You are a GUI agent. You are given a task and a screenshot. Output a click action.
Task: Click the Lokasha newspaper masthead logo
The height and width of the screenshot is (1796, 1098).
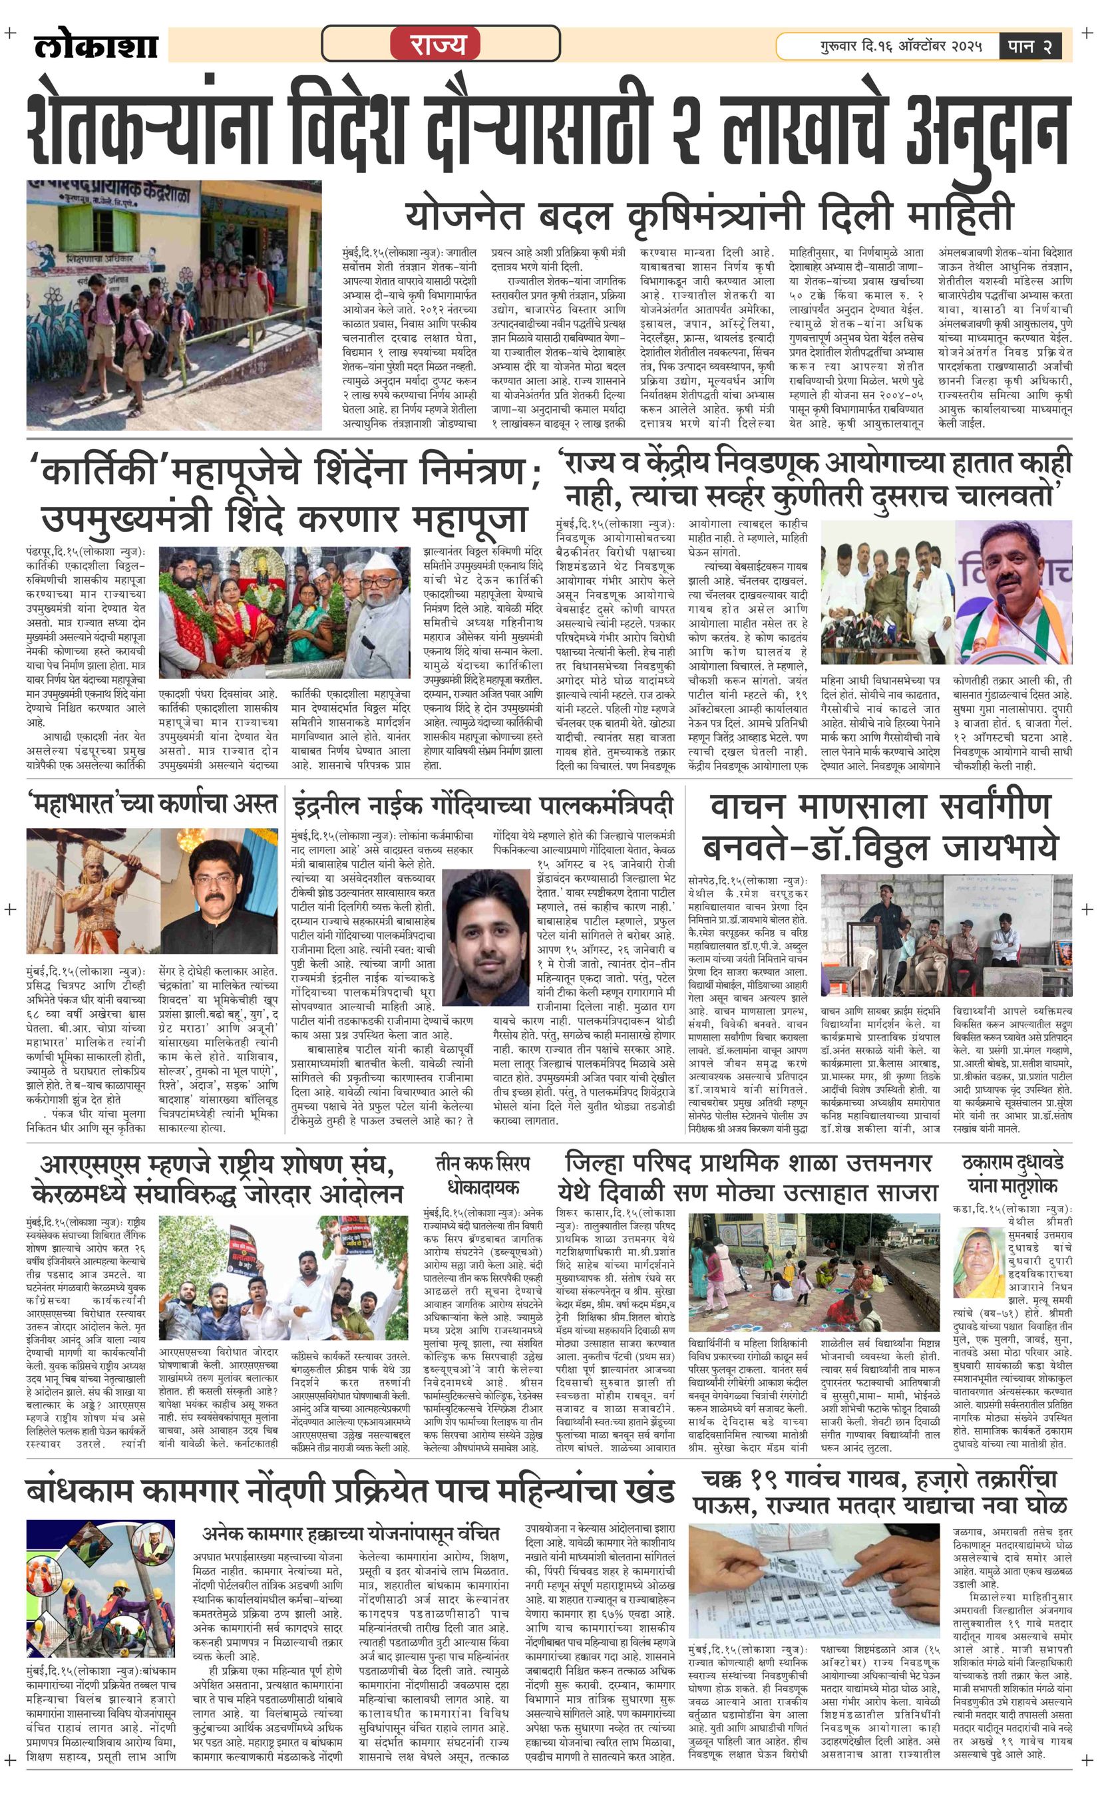pyautogui.click(x=96, y=46)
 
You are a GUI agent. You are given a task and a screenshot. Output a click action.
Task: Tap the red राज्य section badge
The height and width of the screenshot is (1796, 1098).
pyautogui.click(x=437, y=45)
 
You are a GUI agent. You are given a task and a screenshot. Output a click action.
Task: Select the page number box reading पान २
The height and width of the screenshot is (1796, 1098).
pyautogui.click(x=1029, y=46)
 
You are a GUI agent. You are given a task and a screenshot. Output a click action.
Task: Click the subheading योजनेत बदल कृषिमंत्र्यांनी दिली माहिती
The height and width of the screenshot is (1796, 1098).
pyautogui.click(x=709, y=214)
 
